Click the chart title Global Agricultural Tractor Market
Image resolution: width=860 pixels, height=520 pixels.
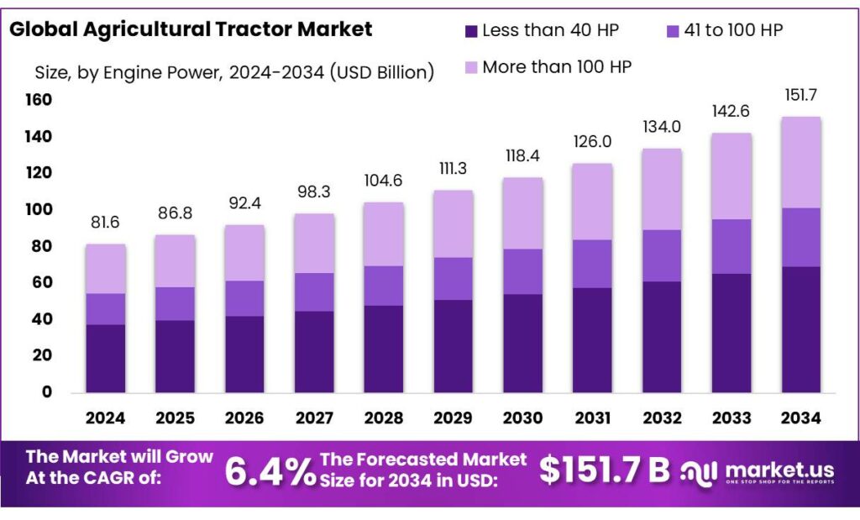click(x=191, y=29)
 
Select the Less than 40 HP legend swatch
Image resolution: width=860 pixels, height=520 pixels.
click(x=470, y=32)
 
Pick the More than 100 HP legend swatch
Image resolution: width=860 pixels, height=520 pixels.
click(x=470, y=67)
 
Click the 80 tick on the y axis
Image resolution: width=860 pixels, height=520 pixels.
click(x=42, y=246)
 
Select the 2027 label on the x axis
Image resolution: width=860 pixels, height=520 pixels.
click(x=314, y=418)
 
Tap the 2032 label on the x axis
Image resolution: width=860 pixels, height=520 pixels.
click(x=663, y=418)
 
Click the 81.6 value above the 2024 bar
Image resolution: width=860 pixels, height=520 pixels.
click(x=105, y=223)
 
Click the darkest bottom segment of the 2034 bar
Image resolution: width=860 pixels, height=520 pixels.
click(x=801, y=329)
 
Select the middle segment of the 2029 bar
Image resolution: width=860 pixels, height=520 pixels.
click(x=453, y=279)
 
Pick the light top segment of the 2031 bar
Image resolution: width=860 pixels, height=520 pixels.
click(x=593, y=202)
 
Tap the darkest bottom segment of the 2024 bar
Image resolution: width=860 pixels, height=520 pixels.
click(x=105, y=359)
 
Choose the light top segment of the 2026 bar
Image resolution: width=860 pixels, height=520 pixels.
click(x=244, y=253)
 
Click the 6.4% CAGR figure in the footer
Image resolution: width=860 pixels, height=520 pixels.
click(x=269, y=471)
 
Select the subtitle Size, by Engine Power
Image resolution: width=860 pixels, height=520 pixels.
click(x=234, y=72)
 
